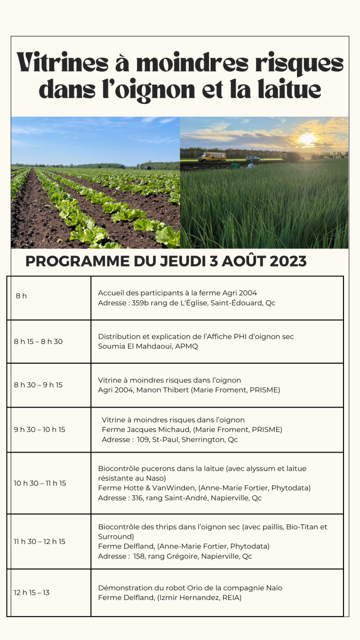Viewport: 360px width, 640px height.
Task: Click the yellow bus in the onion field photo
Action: point(212,157)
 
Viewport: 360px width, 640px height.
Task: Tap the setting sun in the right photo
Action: point(307,139)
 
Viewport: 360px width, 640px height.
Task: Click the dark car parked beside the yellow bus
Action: point(253,158)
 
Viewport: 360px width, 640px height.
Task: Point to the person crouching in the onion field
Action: point(251,166)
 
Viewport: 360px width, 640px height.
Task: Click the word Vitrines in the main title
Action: point(62,63)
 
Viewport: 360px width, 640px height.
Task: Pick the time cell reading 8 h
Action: point(21,296)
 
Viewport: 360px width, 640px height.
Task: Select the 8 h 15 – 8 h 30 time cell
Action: point(38,341)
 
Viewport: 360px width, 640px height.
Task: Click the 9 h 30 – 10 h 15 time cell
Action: point(39,429)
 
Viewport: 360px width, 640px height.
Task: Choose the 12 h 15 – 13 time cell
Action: point(32,593)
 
